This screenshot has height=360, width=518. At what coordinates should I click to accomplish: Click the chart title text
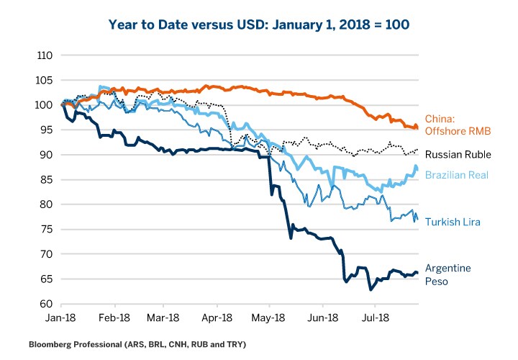[x=259, y=24]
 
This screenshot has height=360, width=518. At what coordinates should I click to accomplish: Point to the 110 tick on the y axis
[x=45, y=55]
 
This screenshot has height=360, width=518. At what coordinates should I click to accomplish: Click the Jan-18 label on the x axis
[x=63, y=316]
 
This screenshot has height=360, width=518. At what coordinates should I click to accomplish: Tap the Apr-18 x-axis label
[x=217, y=316]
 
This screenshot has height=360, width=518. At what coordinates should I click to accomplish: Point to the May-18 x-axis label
[x=269, y=316]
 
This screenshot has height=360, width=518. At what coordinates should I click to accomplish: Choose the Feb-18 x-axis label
[x=113, y=316]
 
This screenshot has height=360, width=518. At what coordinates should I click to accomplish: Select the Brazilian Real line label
[x=458, y=175]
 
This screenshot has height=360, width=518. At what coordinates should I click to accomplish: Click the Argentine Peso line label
[x=448, y=274]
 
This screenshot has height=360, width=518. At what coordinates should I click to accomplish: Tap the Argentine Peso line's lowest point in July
[x=371, y=289]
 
